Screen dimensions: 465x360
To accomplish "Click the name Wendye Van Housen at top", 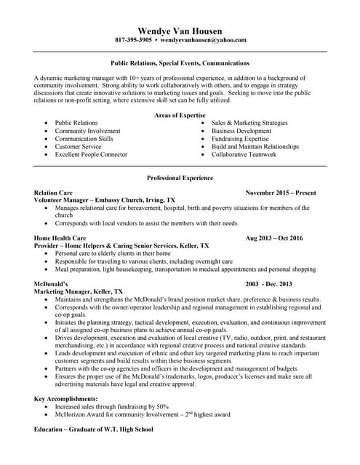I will (180, 29).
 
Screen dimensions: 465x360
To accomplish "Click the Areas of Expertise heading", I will (180, 115).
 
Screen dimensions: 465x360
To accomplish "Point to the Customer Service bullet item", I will (79, 146).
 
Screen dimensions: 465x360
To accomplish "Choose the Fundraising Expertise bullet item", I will (239, 138).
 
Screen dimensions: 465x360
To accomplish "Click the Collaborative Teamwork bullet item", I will (244, 154).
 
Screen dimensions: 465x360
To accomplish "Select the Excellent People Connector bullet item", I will (91, 154).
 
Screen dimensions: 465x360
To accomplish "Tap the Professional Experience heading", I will (180, 177).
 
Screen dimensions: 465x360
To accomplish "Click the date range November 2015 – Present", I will (280, 193).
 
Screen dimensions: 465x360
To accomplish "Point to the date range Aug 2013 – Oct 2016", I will (274, 238).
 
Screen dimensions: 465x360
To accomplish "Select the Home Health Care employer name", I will (60, 238).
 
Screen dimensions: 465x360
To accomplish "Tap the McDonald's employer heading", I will (51, 283).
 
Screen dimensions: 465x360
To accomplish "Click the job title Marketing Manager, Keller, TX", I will (79, 291).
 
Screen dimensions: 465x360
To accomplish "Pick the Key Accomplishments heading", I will (66, 398).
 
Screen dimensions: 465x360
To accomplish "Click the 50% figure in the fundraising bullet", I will (163, 406).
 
